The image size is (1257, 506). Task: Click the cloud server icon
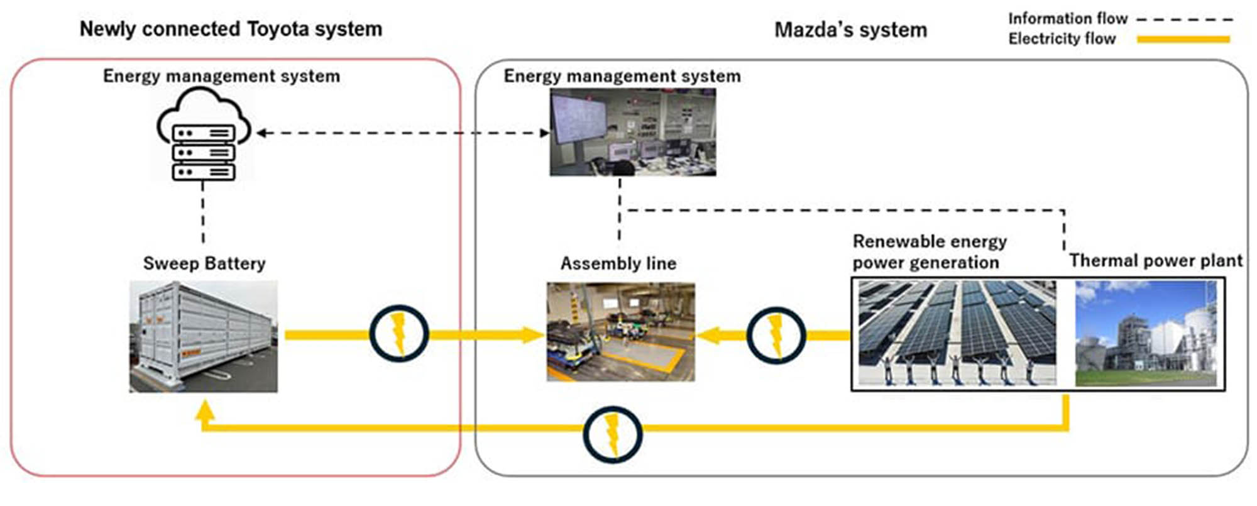coord(203,135)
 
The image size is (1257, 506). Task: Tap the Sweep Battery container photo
coord(203,336)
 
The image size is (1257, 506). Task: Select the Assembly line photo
coord(620,331)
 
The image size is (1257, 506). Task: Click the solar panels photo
coord(957,333)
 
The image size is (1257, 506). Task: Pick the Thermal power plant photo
coord(1146,333)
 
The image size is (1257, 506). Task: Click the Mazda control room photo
coord(632,132)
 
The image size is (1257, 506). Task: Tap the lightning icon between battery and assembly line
coord(398,333)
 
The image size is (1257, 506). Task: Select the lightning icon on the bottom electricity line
coord(612,434)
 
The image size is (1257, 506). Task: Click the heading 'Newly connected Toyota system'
coord(231,29)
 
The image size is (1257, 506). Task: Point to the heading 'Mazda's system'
coord(850,30)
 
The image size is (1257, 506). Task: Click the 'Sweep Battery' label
coord(204,263)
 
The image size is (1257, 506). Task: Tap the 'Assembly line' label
coord(618,263)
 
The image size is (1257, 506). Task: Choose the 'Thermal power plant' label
coord(1156,261)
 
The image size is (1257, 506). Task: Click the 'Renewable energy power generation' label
coord(929,251)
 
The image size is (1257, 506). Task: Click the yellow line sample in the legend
coord(1183,40)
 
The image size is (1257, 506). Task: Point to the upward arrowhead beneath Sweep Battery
coord(205,411)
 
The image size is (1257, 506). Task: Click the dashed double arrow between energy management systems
coord(402,133)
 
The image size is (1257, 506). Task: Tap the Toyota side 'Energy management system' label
coord(221,76)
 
